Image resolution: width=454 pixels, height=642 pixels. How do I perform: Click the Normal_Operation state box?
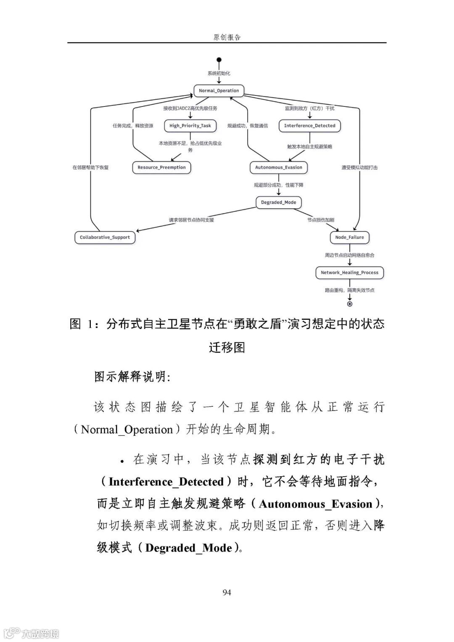coord(219,90)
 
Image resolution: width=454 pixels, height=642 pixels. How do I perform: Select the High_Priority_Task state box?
coord(190,125)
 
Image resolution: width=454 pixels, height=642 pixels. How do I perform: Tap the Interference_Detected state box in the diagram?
coord(309,125)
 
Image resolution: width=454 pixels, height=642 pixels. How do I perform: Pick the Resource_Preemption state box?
coord(161,167)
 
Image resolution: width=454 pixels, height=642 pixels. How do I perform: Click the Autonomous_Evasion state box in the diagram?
coord(278,167)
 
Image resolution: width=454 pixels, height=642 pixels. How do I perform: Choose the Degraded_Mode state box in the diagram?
coord(278,202)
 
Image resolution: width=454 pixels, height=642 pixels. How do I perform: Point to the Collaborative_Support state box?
coord(105,237)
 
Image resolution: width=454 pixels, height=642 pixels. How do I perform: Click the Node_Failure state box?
coord(349,237)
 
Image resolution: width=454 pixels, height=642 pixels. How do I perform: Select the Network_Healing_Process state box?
coord(349,273)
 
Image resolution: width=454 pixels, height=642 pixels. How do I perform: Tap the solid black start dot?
coord(219,60)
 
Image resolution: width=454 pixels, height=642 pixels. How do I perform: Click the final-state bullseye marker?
coord(349,304)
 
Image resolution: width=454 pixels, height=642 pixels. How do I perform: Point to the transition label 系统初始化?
coord(219,73)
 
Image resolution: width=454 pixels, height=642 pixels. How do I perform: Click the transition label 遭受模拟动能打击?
coord(359,167)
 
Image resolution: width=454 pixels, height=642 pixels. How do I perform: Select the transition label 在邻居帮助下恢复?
coord(90,167)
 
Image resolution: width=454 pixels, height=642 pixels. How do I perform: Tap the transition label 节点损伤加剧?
coord(321,220)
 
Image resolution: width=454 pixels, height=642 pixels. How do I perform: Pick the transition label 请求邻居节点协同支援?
coord(191,220)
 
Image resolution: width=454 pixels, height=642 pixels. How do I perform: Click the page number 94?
coord(227,592)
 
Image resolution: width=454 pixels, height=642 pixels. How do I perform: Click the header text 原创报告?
coord(227,37)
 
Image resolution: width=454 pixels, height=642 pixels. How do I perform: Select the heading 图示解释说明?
coord(132,377)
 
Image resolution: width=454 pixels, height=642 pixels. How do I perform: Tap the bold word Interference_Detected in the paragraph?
coord(166,482)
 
